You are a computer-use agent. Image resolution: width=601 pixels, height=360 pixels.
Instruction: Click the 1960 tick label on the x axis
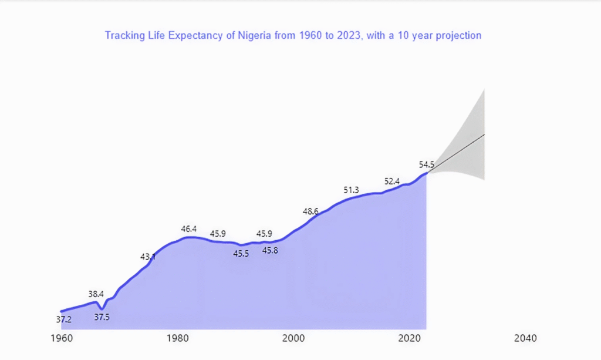(x=62, y=339)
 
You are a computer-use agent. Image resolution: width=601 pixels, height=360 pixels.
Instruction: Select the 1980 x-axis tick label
(x=178, y=339)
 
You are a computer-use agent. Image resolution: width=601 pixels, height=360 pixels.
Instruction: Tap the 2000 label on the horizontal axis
(x=293, y=339)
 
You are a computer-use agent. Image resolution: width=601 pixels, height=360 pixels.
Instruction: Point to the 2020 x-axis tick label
(x=409, y=339)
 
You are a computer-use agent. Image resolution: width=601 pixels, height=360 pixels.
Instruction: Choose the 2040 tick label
(x=525, y=339)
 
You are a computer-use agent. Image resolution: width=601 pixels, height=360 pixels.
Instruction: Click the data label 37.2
(x=64, y=320)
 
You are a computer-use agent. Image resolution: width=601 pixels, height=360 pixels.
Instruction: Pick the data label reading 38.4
(x=96, y=294)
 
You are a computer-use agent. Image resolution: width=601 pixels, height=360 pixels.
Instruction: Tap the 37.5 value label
(x=102, y=317)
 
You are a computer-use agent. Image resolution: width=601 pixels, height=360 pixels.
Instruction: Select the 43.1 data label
(x=148, y=257)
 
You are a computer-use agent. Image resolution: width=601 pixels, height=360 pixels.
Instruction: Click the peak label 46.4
(x=188, y=229)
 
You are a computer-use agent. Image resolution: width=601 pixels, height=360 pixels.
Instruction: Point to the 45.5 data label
(x=241, y=254)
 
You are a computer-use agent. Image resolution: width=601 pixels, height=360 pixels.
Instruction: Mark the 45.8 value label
(x=270, y=251)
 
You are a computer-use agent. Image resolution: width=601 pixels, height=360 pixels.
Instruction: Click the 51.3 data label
(x=351, y=190)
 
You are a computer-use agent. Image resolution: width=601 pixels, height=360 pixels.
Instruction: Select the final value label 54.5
(x=427, y=164)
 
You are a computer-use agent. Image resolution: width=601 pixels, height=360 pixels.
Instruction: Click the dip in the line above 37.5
(x=102, y=308)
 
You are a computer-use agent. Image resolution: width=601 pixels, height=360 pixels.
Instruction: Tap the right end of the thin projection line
(x=484, y=135)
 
